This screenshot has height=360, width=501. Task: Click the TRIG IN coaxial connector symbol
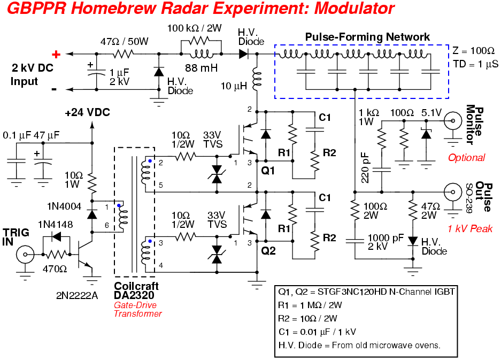pos(25,254)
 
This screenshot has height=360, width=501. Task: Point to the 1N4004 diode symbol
pos(92,214)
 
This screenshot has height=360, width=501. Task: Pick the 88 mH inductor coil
pos(202,55)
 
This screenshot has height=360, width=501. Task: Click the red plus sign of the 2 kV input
pos(55,54)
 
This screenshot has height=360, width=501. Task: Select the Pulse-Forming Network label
pos(367,37)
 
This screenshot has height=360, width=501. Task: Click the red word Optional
pos(466,158)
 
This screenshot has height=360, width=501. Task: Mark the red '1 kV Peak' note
pos(471,228)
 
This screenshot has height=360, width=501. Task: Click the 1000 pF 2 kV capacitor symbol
pos(353,241)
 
